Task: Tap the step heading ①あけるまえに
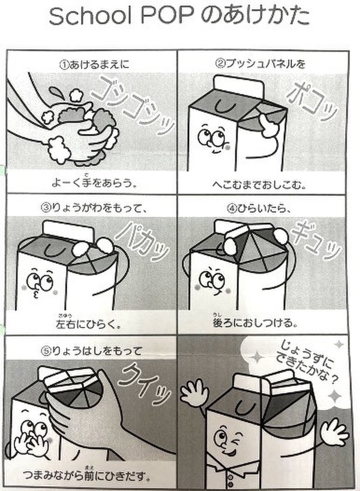click(x=91, y=62)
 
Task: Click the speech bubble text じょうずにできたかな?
click(x=307, y=360)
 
